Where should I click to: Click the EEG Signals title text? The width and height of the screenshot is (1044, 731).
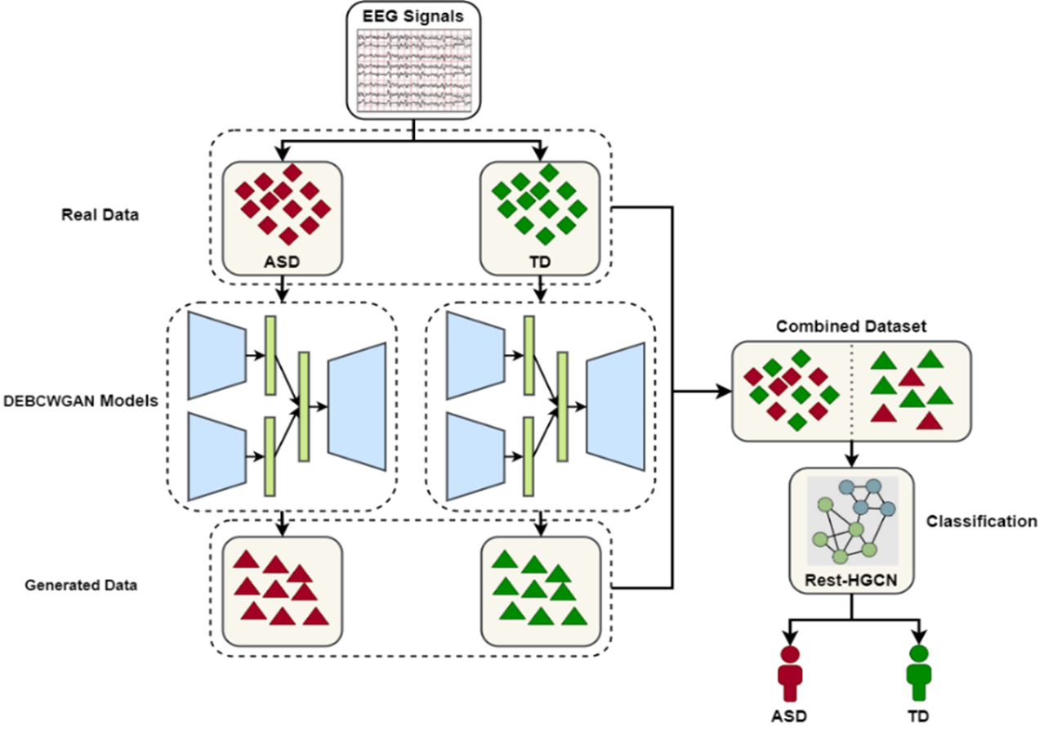[413, 16]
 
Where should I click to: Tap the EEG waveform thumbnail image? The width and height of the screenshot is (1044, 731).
[413, 70]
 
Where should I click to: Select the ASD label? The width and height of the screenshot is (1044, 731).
[282, 263]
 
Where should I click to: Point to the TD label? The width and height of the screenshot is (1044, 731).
[540, 263]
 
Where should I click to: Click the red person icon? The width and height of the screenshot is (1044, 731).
[790, 674]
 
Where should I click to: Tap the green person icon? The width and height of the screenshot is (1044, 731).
[919, 674]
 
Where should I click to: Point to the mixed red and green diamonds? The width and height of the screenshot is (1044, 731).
[791, 390]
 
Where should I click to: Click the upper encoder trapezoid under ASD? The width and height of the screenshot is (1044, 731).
[216, 355]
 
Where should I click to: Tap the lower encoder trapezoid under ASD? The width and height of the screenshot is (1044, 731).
[216, 456]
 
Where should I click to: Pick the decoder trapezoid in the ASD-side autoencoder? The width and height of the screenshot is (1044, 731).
[357, 406]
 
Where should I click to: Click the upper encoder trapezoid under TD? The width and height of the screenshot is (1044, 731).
[475, 355]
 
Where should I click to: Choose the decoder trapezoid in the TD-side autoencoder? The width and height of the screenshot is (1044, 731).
[615, 406]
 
